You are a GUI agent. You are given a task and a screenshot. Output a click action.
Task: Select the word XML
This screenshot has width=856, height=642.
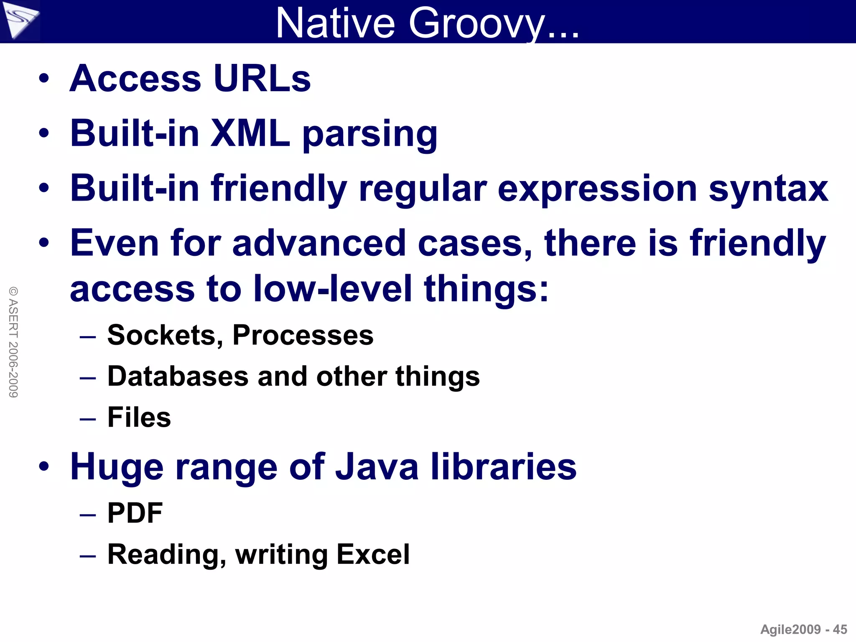coord(250,133)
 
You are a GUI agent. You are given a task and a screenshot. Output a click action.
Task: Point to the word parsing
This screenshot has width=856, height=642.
coord(370,135)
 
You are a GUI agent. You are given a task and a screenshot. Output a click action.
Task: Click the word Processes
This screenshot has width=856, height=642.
coord(303,335)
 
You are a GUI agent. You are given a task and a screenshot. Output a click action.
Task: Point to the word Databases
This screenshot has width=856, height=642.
coord(178,376)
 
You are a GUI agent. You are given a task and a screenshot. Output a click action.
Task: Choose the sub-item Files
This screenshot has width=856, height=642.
coord(139,417)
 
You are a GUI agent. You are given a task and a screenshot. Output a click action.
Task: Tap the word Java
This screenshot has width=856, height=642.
coord(377,467)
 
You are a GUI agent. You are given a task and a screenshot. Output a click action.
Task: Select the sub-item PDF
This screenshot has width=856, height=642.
coord(135,513)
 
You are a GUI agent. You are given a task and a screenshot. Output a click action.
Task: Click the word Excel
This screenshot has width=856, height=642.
coord(373,554)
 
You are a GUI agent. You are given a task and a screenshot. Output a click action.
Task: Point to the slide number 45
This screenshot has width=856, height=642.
coord(840,629)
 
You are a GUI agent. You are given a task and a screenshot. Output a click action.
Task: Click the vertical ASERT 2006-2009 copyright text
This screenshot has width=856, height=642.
coord(13,342)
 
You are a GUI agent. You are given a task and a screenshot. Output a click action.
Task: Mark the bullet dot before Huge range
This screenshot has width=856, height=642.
coord(44,466)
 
